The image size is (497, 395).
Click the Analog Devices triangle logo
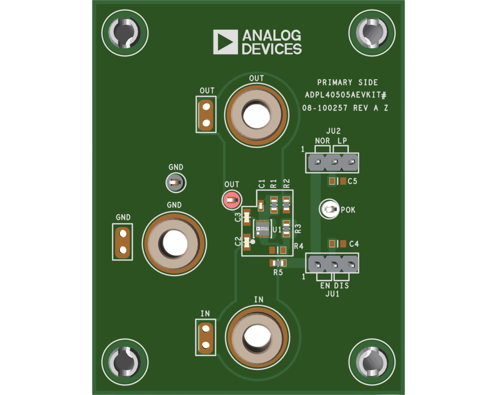(x=225, y=42)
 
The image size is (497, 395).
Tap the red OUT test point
(x=232, y=200)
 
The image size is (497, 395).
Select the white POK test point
(x=330, y=209)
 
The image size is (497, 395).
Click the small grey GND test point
(x=175, y=182)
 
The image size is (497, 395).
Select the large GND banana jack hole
(x=174, y=242)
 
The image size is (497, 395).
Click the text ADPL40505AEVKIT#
(x=346, y=95)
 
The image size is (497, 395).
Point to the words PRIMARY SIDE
(x=347, y=83)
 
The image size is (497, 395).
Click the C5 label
(x=352, y=181)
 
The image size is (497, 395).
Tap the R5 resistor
(x=277, y=263)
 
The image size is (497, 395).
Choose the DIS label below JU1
(x=341, y=286)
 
